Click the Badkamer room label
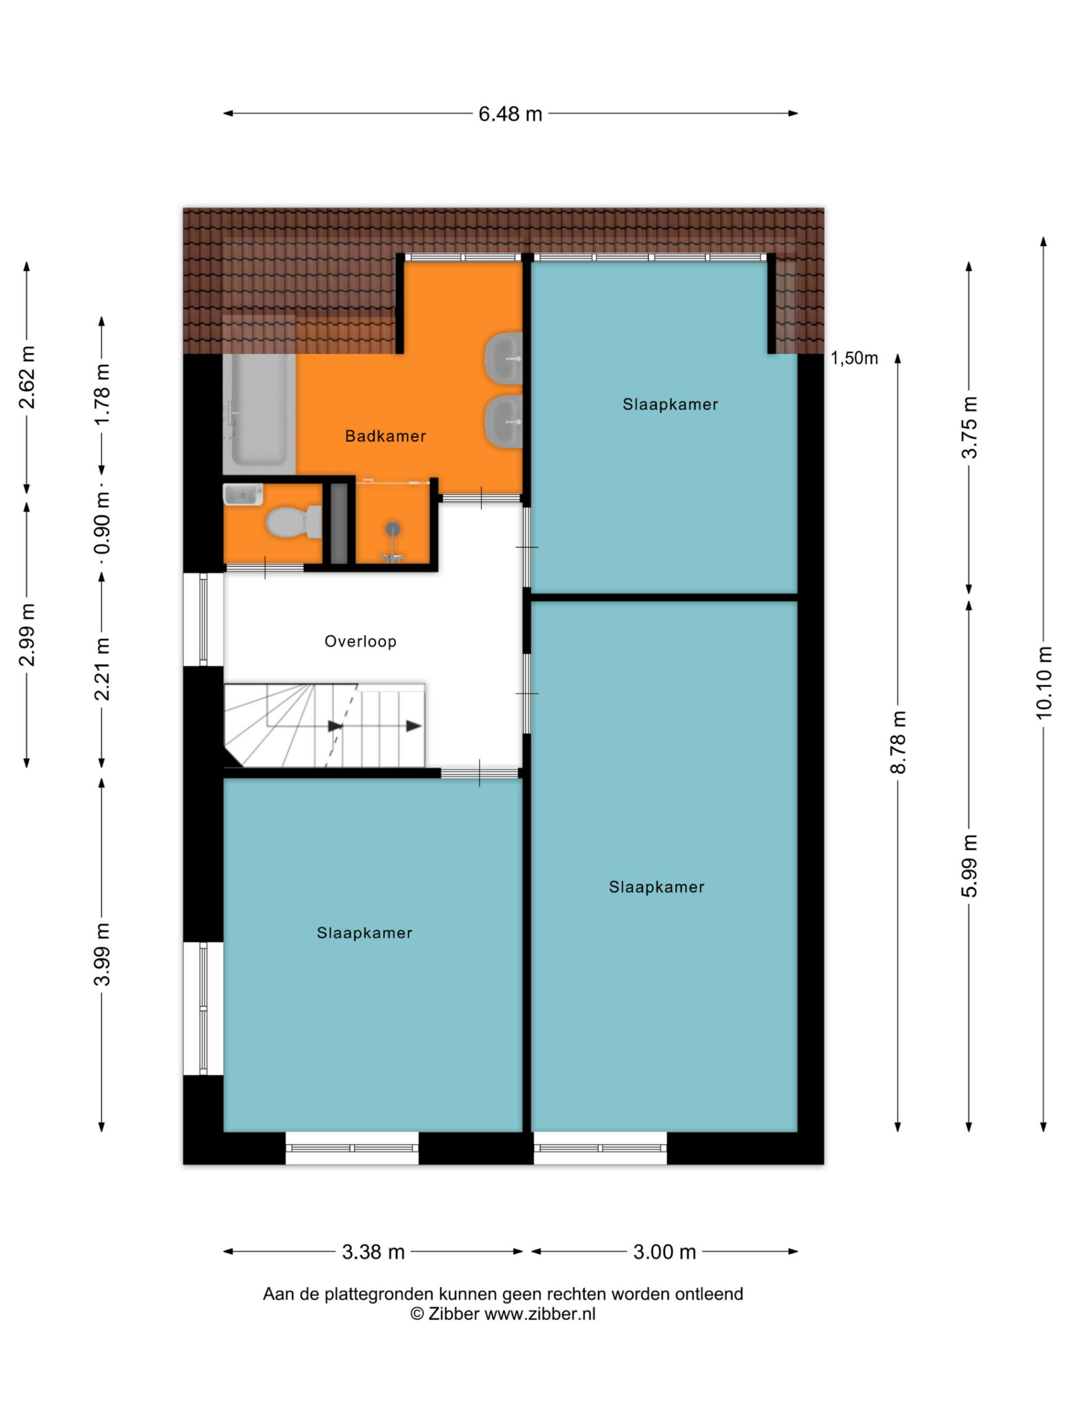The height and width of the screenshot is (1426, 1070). [385, 436]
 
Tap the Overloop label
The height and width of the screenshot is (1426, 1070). [360, 642]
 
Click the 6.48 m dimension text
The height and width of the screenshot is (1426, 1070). [509, 114]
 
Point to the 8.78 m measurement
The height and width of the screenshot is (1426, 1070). [898, 742]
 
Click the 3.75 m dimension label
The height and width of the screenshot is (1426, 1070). [969, 427]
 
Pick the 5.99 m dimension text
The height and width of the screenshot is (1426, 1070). [969, 866]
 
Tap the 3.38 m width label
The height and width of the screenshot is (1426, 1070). [373, 1252]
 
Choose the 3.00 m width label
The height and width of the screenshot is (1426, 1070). [664, 1252]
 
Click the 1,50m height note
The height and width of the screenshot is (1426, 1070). [854, 358]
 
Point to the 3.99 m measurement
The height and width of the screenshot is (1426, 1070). [102, 954]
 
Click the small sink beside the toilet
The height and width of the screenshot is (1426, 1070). [242, 495]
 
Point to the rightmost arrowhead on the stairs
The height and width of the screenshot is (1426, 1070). [414, 726]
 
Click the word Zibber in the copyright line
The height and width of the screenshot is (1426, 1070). [453, 1314]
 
